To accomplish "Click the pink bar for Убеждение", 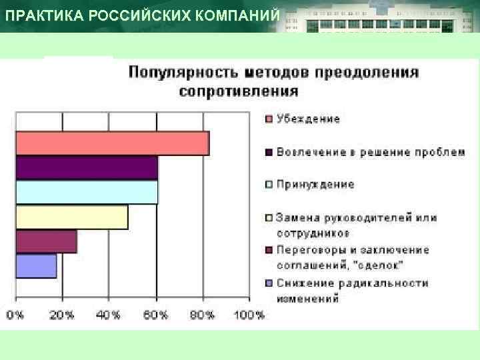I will click(x=112, y=143).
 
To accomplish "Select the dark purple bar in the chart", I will click(x=87, y=168).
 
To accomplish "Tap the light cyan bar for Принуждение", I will click(x=87, y=192).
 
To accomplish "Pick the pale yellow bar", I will click(x=71, y=217).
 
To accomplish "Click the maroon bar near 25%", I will click(x=46, y=241).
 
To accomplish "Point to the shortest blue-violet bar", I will click(x=36, y=266).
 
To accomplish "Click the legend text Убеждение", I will click(x=308, y=119).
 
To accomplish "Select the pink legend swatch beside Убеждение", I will click(x=269, y=120).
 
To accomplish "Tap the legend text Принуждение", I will click(x=315, y=185).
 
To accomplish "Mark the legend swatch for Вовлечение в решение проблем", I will click(x=269, y=153).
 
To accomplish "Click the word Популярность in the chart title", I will click(x=179, y=73).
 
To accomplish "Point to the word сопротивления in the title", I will click(x=238, y=91).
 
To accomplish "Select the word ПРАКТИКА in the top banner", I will click(x=33, y=16).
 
